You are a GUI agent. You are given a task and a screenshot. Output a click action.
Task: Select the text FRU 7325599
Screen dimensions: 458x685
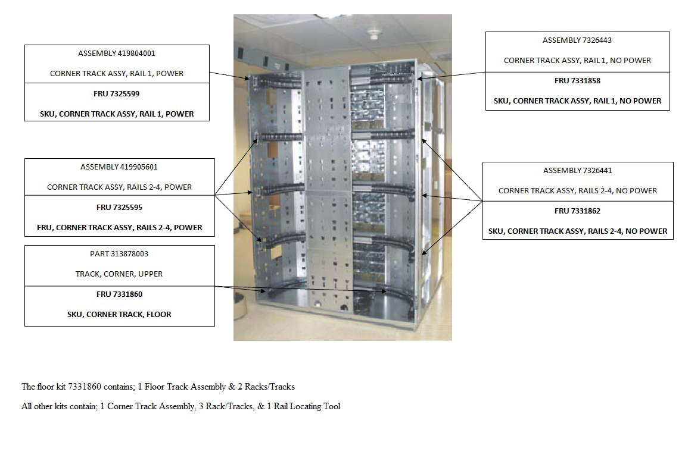pyautogui.click(x=117, y=93)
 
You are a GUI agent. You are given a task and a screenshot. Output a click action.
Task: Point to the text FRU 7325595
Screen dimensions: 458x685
pyautogui.click(x=119, y=208)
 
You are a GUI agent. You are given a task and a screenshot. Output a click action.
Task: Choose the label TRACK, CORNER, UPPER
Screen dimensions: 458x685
pyautogui.click(x=119, y=274)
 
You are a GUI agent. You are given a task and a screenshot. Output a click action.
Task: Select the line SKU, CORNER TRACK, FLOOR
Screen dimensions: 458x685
pyautogui.click(x=119, y=314)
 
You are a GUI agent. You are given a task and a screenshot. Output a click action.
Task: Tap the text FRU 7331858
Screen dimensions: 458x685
pyautogui.click(x=577, y=80)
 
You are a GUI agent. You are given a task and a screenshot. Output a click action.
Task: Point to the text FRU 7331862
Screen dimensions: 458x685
pyautogui.click(x=577, y=211)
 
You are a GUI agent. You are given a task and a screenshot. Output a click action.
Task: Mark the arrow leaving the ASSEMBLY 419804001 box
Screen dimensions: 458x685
pyautogui.click(x=229, y=75)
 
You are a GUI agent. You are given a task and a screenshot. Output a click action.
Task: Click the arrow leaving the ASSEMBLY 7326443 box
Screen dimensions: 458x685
pyautogui.click(x=452, y=75)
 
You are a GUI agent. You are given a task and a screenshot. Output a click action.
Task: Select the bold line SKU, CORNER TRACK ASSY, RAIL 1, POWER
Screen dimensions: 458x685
pyautogui.click(x=117, y=114)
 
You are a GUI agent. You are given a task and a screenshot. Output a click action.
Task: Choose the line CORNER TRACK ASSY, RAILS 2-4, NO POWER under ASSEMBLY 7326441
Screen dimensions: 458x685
pyautogui.click(x=577, y=190)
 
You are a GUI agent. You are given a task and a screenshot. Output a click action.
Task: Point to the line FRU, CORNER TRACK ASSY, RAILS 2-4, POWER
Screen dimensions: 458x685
pyautogui.click(x=119, y=227)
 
